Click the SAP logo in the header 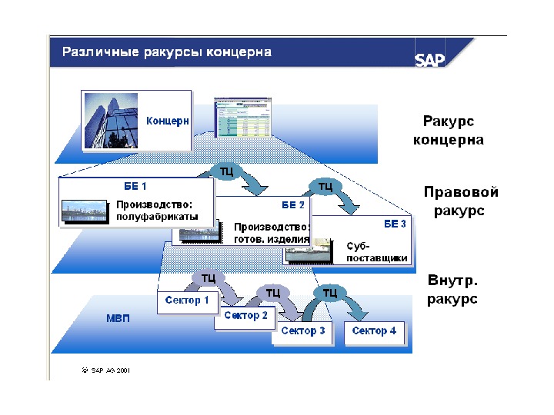[430, 59]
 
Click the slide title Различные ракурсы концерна [167, 52]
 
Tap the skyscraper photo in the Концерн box [112, 121]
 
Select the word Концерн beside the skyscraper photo [168, 121]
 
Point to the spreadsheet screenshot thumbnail [241, 118]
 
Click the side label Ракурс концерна [449, 131]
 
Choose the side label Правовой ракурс [461, 201]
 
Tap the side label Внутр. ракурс [452, 290]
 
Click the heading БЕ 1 [135, 186]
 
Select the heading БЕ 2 [293, 205]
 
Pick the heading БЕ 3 [395, 224]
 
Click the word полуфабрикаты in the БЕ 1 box [157, 217]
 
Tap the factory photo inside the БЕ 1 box [85, 211]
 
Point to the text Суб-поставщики [376, 252]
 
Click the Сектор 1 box [187, 300]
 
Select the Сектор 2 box [246, 316]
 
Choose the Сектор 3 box [302, 331]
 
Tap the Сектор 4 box [374, 331]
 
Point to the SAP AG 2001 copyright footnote [105, 369]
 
